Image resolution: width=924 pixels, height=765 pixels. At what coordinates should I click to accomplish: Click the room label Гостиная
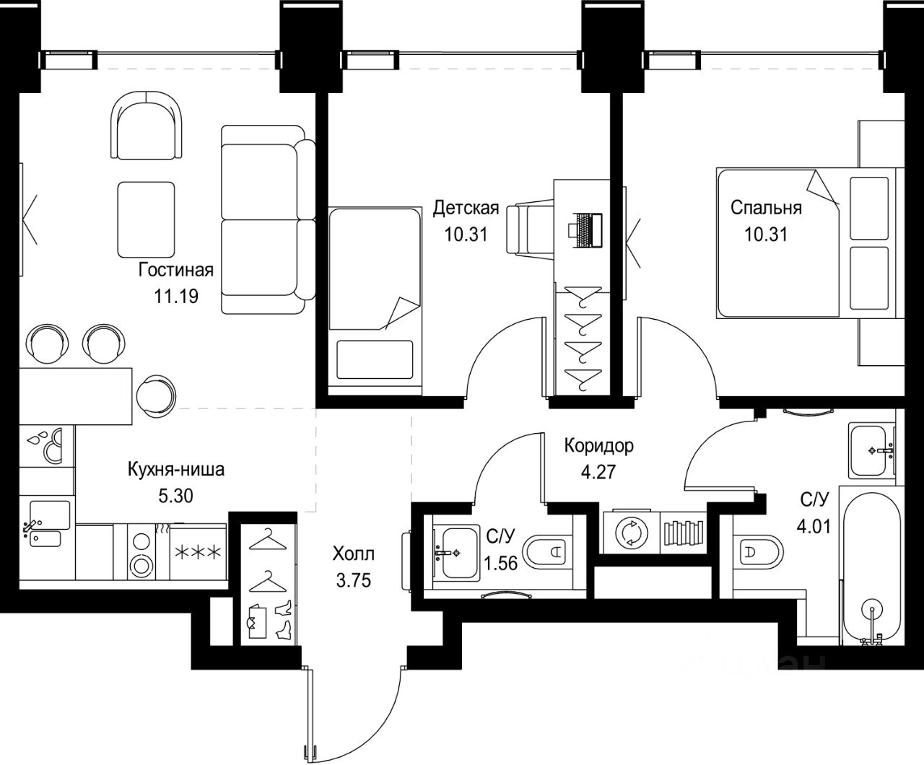click(176, 269)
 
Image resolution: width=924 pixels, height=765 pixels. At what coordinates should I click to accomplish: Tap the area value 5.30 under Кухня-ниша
click(176, 496)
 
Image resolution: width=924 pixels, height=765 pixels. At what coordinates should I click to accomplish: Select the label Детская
click(466, 208)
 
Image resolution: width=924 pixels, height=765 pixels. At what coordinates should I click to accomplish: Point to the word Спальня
click(766, 208)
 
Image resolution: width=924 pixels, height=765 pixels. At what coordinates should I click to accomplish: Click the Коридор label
click(598, 446)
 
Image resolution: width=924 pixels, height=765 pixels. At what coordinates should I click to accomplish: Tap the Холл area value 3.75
click(353, 580)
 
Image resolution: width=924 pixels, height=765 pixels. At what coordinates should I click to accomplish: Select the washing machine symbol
click(632, 533)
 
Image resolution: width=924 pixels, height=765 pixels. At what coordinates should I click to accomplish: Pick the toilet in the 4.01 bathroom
click(758, 551)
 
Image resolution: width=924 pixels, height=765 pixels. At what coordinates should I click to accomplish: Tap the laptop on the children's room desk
click(585, 230)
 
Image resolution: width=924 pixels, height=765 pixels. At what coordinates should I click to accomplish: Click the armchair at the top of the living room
click(146, 125)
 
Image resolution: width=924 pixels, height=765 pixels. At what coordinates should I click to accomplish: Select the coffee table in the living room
click(146, 219)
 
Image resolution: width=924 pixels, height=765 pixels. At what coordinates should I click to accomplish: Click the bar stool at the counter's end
click(156, 395)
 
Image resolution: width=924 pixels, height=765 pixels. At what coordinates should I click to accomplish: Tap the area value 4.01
click(814, 527)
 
